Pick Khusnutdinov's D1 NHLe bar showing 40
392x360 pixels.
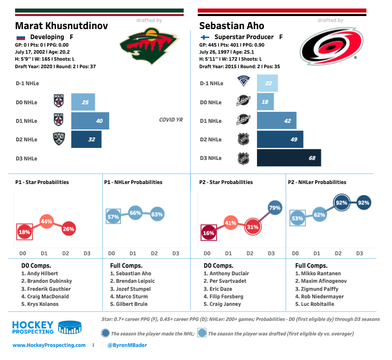click(90, 121)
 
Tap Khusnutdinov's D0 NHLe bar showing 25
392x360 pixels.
click(83, 102)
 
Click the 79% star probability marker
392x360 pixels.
click(275, 208)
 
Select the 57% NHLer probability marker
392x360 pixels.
click(113, 217)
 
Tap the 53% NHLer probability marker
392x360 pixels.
click(297, 218)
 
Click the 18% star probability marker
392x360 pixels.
click(25, 232)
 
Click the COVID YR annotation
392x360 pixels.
click(170, 120)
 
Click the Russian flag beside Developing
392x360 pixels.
click(21, 37)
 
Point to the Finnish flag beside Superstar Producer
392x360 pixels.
click(204, 37)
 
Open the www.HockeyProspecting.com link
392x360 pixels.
click(48, 345)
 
